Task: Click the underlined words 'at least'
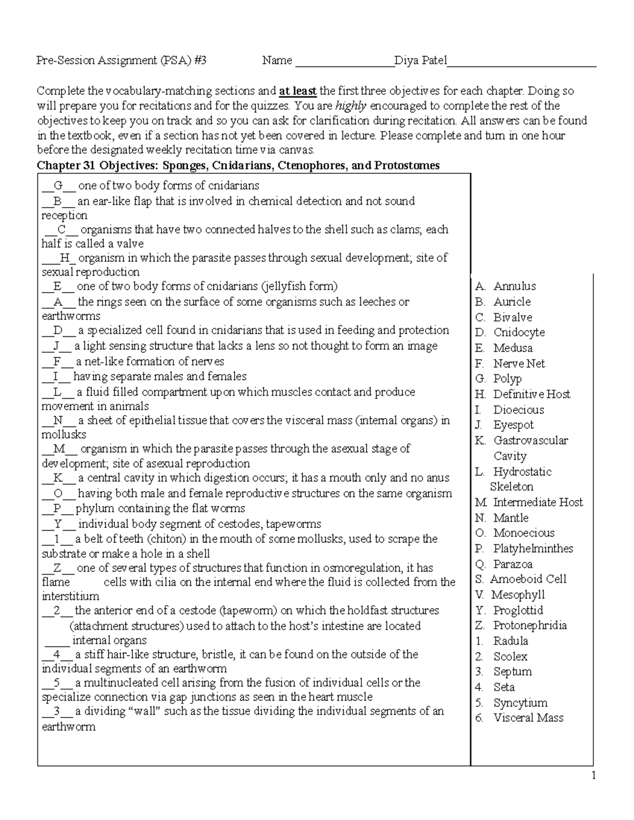point(297,91)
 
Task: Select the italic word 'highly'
point(350,106)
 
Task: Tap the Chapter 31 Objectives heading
point(238,166)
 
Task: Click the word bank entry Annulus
point(514,286)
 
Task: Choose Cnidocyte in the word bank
point(519,333)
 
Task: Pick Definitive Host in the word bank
point(532,394)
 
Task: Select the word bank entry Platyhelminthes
point(533,549)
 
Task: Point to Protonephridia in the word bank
point(530,626)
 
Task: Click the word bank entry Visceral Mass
point(528,718)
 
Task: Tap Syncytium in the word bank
point(520,703)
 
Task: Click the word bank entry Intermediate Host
point(537,503)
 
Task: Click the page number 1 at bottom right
point(594,776)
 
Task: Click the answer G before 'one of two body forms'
point(58,186)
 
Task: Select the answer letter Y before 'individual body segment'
point(58,524)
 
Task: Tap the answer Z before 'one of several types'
point(58,569)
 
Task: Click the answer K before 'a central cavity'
point(58,478)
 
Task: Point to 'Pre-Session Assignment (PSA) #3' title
point(121,61)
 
